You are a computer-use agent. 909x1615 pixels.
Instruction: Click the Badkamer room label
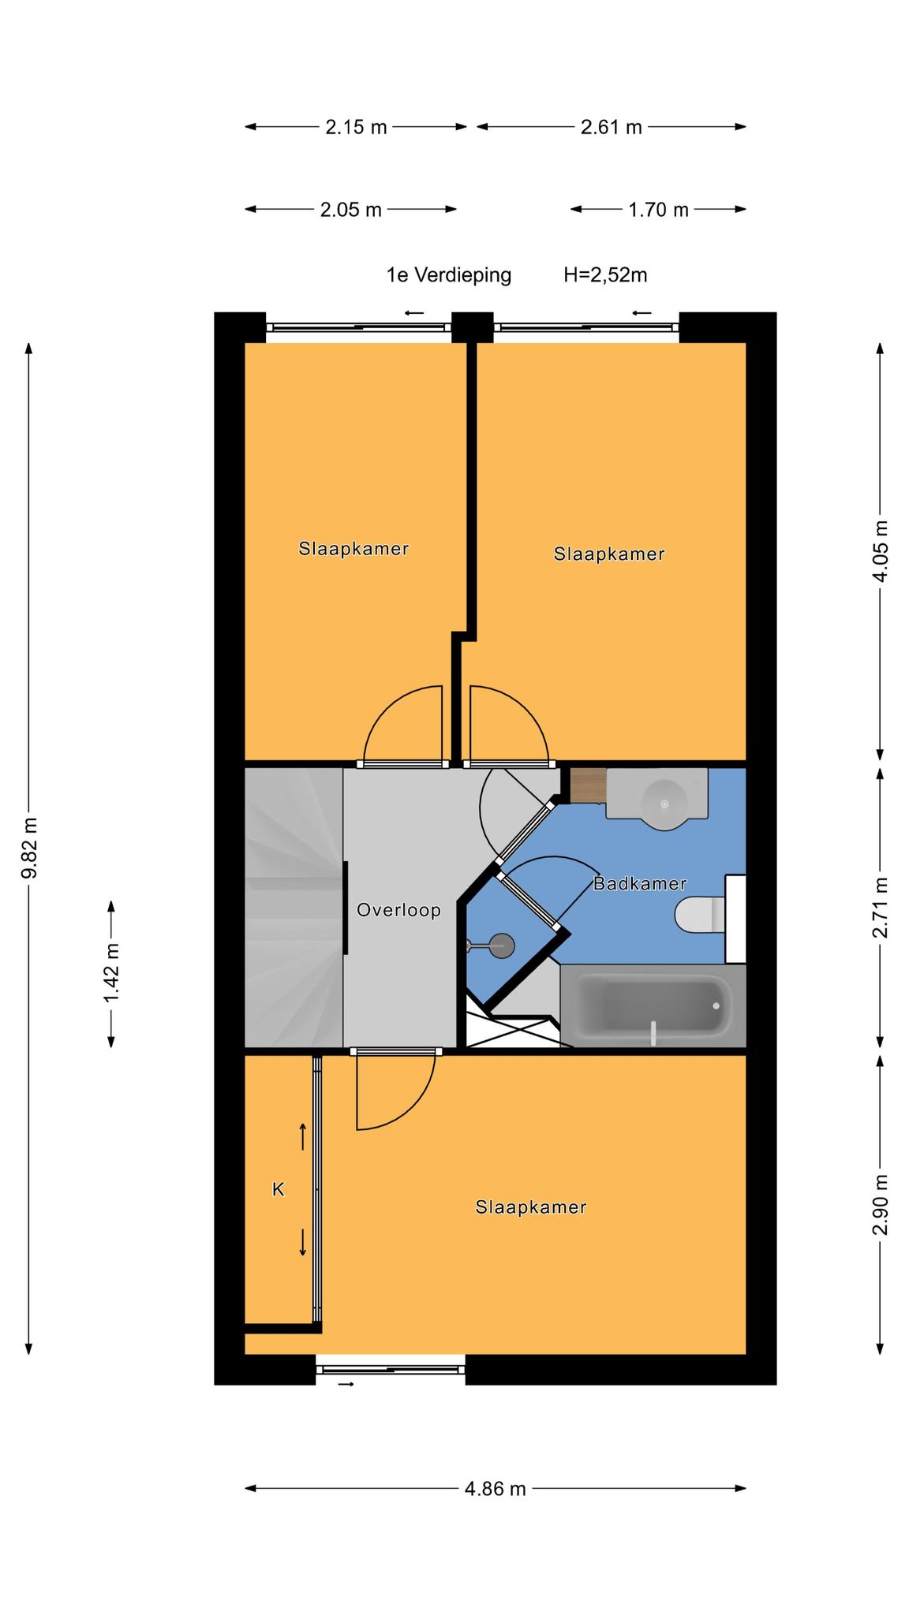pyautogui.click(x=639, y=883)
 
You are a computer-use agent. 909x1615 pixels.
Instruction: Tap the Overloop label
pyautogui.click(x=398, y=910)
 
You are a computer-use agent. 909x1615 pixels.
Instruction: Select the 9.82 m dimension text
pyautogui.click(x=29, y=848)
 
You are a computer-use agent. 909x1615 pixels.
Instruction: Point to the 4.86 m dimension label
pyautogui.click(x=495, y=1489)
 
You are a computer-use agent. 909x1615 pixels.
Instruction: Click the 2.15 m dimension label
pyautogui.click(x=356, y=127)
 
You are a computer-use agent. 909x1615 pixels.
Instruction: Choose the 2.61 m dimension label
pyautogui.click(x=612, y=127)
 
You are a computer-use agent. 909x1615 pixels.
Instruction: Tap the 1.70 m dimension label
pyautogui.click(x=659, y=210)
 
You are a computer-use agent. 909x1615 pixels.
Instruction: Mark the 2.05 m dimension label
pyautogui.click(x=351, y=210)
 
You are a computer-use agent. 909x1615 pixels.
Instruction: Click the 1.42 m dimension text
pyautogui.click(x=111, y=974)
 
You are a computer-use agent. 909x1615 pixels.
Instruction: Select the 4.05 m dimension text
pyautogui.click(x=881, y=550)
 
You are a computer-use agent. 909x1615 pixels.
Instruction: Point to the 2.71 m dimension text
pyautogui.click(x=881, y=907)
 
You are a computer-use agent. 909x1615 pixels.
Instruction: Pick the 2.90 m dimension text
pyautogui.click(x=881, y=1205)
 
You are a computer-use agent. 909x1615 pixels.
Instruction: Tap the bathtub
pyautogui.click(x=653, y=1005)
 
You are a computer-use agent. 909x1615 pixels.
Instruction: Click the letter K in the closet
pyautogui.click(x=279, y=1189)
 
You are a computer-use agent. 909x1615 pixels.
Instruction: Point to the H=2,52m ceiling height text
pyautogui.click(x=605, y=275)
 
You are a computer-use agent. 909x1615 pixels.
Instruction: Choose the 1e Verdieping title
pyautogui.click(x=449, y=275)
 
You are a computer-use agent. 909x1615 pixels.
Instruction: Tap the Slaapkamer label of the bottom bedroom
pyautogui.click(x=531, y=1207)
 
